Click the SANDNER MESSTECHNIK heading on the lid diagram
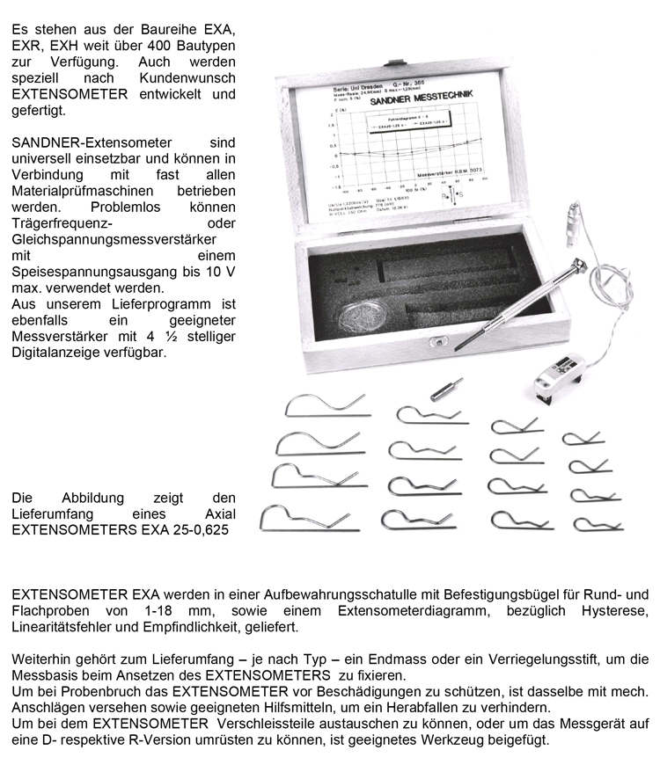tap(423, 102)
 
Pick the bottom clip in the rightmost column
tap(598, 524)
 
